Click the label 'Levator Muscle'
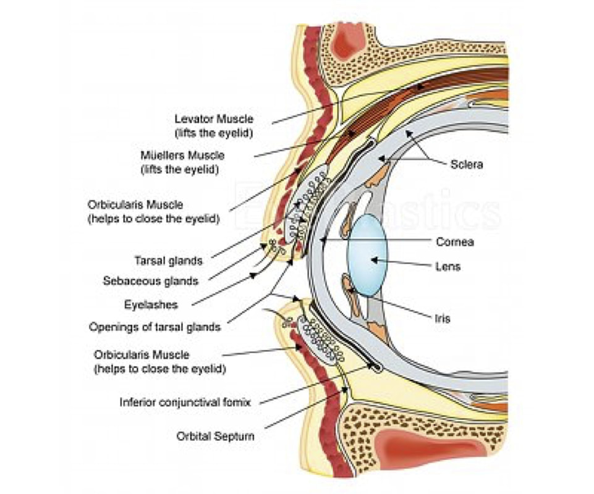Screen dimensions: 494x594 (214, 119)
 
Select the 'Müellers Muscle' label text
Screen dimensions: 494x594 (182, 156)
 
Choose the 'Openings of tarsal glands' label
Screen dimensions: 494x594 (155, 327)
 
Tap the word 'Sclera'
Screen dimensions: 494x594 (467, 165)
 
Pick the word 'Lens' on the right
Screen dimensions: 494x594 (447, 267)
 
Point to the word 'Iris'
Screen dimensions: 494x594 (442, 319)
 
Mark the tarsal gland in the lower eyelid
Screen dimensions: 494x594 (321, 340)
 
